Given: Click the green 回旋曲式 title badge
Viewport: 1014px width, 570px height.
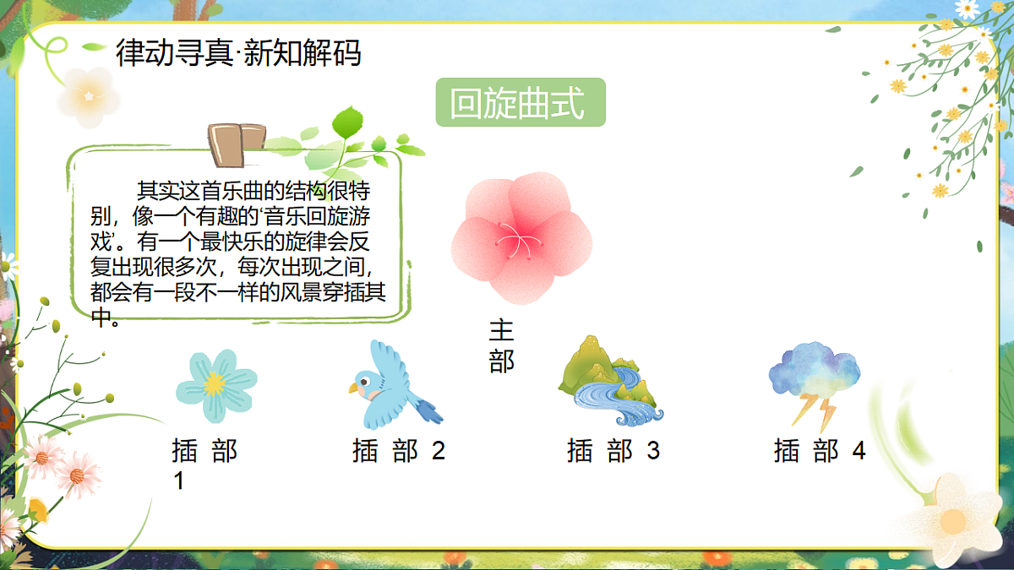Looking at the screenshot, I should pyautogui.click(x=521, y=102).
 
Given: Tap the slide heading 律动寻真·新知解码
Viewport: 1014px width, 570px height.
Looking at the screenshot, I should pyautogui.click(x=238, y=52).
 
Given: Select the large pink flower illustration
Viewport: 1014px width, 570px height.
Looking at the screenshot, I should pyautogui.click(x=521, y=236).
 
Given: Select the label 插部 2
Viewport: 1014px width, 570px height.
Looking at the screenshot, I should pyautogui.click(x=398, y=451).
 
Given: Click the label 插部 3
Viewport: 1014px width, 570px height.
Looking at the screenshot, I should pyautogui.click(x=613, y=451).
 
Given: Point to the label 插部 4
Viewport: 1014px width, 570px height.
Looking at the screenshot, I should pyautogui.click(x=820, y=451).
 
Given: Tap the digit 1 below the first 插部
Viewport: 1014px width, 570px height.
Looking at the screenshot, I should pyautogui.click(x=179, y=481).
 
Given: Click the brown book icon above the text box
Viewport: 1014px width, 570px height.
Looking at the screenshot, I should pyautogui.click(x=237, y=144).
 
